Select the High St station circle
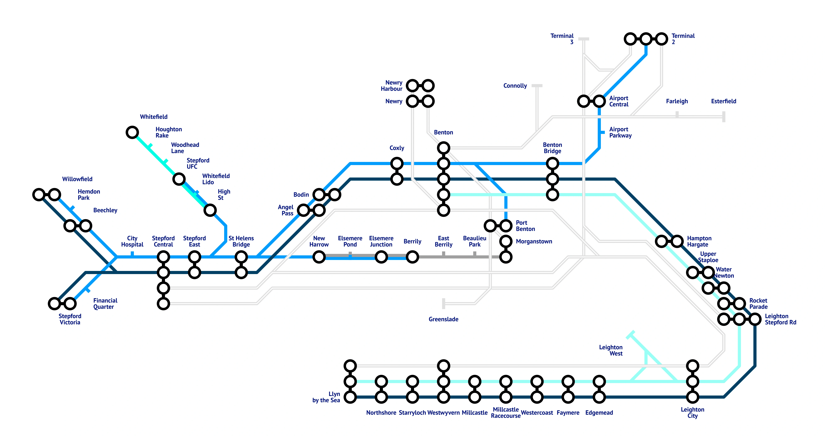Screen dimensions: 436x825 [x=210, y=210]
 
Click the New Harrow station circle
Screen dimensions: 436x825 [x=319, y=257]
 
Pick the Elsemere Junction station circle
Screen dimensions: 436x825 [x=381, y=257]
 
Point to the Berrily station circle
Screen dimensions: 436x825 [x=412, y=257]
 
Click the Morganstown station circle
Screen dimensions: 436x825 [x=506, y=241]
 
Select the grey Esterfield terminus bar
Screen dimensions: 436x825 [x=724, y=117]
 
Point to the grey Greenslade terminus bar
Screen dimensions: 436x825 [x=444, y=303]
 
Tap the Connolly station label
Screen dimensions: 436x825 [x=515, y=86]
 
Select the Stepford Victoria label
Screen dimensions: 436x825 [x=70, y=319]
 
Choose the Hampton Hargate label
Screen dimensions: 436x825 [x=699, y=241]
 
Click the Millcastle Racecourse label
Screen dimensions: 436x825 [x=506, y=413]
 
